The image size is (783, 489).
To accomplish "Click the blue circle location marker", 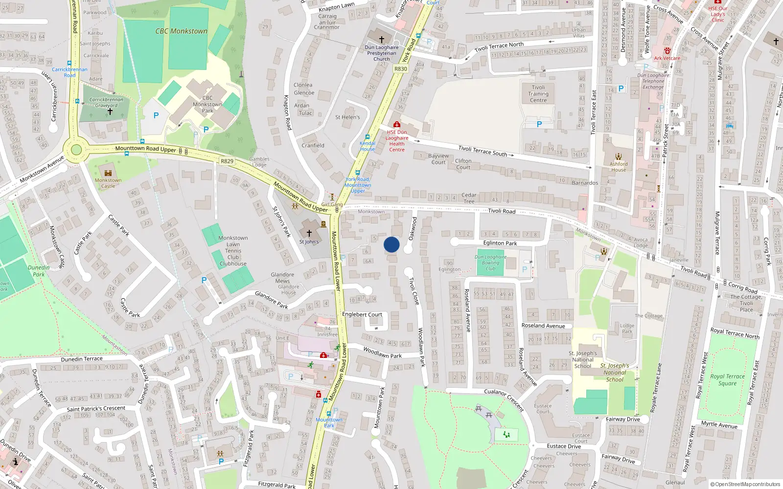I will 391,244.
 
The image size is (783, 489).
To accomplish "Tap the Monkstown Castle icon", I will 108,173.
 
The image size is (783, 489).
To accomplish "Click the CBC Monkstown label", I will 181,31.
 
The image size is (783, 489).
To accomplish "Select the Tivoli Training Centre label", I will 538,93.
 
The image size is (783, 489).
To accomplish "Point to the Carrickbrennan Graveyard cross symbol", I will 110,111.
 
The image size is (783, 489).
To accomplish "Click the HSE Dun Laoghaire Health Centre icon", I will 396,125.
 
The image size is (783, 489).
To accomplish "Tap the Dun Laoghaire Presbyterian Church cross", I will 382,39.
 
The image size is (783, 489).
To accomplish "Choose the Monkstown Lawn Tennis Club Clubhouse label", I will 233,250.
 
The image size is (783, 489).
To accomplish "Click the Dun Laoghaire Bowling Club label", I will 490,263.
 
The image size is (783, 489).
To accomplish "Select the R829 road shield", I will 227,161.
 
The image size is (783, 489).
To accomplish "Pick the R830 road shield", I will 400,69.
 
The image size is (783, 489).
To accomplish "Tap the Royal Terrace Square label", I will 727,379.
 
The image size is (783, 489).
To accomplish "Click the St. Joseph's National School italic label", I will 615,372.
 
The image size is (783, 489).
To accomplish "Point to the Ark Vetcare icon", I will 667,51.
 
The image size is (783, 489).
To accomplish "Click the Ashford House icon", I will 619,156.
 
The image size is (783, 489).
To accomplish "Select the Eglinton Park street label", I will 500,243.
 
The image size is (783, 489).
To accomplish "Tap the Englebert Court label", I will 362,314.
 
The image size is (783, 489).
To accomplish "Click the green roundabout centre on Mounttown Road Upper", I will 76,149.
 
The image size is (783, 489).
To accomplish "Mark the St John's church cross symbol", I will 309,233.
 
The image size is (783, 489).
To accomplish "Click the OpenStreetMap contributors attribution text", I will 745,484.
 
